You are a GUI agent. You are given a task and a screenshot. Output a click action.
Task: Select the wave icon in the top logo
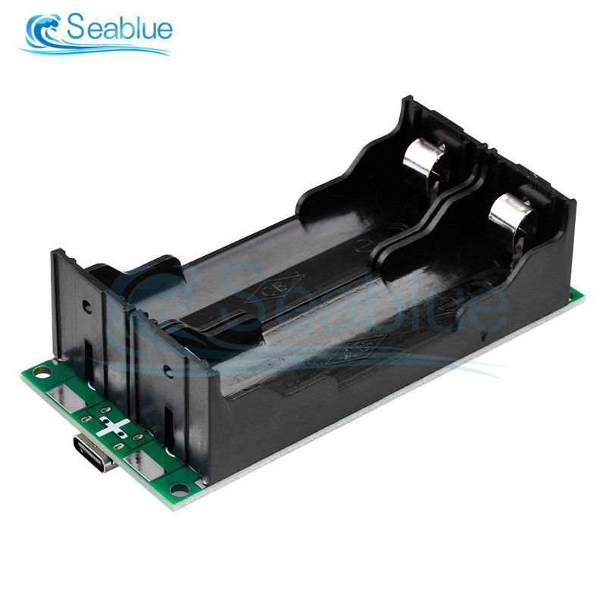point(43,33)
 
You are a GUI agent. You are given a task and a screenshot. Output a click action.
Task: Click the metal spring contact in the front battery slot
point(506,214)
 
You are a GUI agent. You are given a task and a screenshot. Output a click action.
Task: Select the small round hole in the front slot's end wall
point(166,370)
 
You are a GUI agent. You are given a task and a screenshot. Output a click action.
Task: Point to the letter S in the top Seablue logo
point(78,29)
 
